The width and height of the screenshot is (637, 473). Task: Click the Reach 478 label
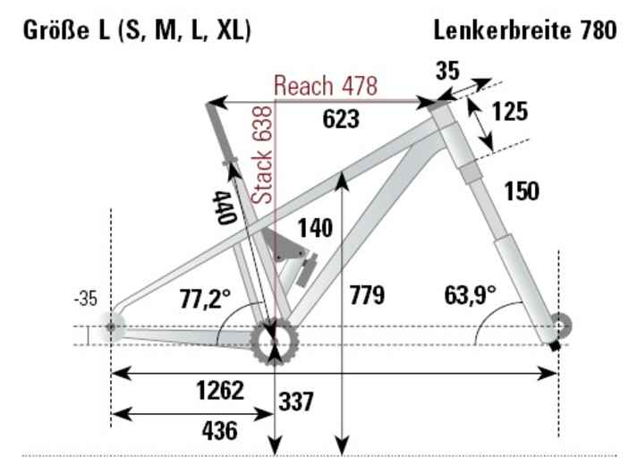click(326, 86)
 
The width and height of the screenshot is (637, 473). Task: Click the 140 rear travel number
click(316, 229)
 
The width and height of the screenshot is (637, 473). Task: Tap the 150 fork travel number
click(522, 191)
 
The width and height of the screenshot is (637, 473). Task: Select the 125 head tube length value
click(509, 112)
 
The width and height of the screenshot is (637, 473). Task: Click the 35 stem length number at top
click(447, 72)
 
